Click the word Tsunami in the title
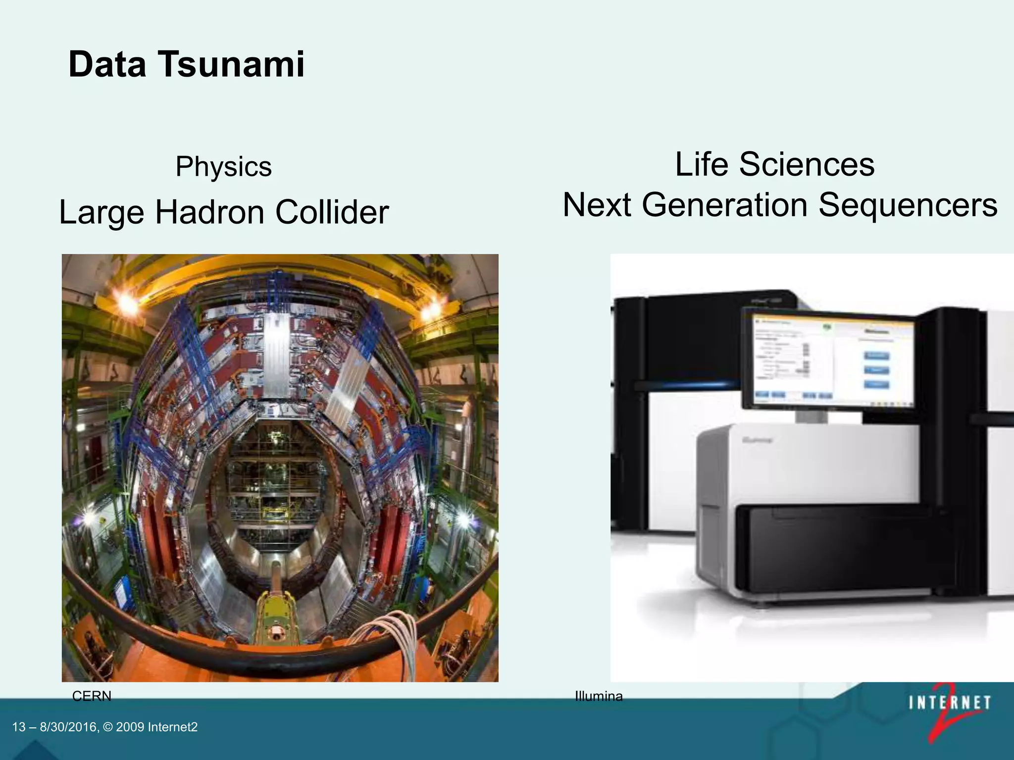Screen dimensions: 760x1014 [x=231, y=64]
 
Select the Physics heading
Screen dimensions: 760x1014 [x=223, y=166]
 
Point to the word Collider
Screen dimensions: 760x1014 [x=332, y=212]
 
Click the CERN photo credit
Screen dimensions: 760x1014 [x=92, y=696]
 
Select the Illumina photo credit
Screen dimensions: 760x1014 [x=599, y=696]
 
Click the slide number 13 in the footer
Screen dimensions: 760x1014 [x=18, y=727]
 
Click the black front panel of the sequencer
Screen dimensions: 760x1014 [x=842, y=549]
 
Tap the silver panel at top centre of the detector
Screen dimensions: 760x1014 [x=275, y=356]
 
